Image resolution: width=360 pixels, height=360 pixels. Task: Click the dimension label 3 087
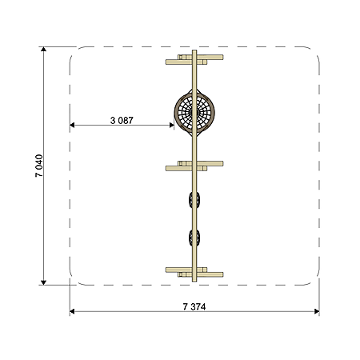pyautogui.click(x=122, y=121)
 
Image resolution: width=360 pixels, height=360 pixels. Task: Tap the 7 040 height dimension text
pyautogui.click(x=39, y=166)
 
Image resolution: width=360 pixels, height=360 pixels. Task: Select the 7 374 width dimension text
pyautogui.click(x=194, y=307)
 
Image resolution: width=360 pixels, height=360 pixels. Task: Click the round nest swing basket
pyautogui.click(x=194, y=113)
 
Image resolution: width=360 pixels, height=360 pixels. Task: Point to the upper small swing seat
pyautogui.click(x=194, y=200)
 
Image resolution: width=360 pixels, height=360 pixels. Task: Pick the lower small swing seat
pyautogui.click(x=194, y=238)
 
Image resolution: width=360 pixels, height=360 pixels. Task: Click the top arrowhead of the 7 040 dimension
pyautogui.click(x=43, y=49)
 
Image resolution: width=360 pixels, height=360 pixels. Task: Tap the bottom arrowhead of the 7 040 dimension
pyautogui.click(x=43, y=282)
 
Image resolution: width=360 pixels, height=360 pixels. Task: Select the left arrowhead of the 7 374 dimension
pyautogui.click(x=72, y=311)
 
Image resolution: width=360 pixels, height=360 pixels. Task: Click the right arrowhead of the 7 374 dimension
pyautogui.click(x=317, y=311)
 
